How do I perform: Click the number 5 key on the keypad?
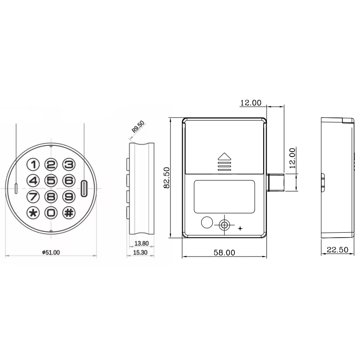(x=51, y=181)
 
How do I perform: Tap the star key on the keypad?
(x=34, y=212)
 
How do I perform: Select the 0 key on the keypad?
(x=51, y=212)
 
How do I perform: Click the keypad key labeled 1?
(x=34, y=165)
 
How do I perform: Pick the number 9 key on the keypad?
(x=68, y=197)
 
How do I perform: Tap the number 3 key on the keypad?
(x=68, y=165)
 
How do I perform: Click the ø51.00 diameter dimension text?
(x=51, y=252)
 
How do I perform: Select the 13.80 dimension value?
(x=141, y=243)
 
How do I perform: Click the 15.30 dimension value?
(x=141, y=252)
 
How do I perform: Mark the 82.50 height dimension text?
(x=166, y=178)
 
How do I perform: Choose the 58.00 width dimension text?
(x=224, y=253)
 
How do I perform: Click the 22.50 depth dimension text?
(x=337, y=250)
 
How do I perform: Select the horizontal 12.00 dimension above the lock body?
(x=251, y=103)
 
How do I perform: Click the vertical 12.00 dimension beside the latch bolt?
(x=292, y=158)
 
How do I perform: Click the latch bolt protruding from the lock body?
(x=275, y=182)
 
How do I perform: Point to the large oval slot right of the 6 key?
(x=84, y=189)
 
